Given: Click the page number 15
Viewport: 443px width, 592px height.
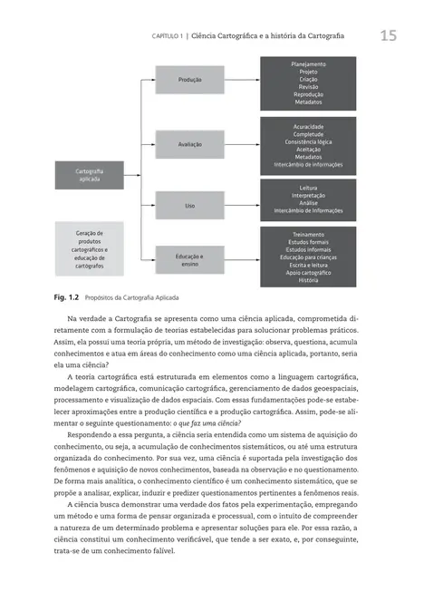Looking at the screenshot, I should [x=388, y=36].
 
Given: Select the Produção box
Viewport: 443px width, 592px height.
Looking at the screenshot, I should [x=189, y=80].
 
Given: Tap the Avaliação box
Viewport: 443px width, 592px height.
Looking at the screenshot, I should [x=189, y=143].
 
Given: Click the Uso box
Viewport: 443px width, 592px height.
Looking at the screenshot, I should [x=189, y=206].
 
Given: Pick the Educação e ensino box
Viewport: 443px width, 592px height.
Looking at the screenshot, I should [x=189, y=260].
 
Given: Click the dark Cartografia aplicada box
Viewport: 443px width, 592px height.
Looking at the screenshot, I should [x=89, y=175].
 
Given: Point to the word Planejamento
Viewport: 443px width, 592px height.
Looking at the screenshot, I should [x=308, y=64].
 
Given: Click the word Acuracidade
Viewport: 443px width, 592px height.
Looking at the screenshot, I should [x=308, y=126].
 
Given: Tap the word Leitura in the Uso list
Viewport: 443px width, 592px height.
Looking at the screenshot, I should [x=308, y=189].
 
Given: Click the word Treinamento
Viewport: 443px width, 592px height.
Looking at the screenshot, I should [x=308, y=235].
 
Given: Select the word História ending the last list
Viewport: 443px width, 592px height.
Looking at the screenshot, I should [x=308, y=280].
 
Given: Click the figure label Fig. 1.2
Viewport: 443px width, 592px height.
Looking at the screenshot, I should [x=68, y=296].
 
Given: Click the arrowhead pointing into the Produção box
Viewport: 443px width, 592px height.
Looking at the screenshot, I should [x=152, y=80].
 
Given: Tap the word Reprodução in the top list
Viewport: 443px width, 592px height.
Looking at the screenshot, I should [x=308, y=94].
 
